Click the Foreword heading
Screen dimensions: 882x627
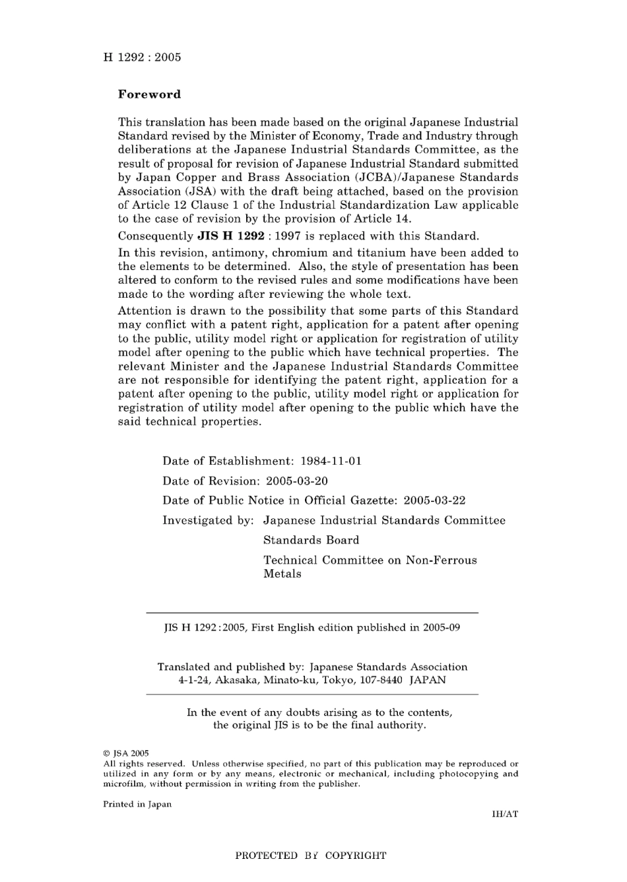149,94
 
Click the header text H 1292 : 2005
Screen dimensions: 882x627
142,57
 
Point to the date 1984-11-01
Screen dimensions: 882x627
331,461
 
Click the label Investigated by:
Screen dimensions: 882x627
208,521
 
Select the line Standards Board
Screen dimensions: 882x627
311,541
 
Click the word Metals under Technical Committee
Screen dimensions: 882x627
282,574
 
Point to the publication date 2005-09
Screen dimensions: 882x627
442,628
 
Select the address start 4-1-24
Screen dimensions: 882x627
194,680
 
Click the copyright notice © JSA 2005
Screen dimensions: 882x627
126,753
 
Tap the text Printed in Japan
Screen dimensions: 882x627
137,805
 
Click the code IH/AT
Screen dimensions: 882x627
505,815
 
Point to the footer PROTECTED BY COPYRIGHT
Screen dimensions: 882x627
311,856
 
